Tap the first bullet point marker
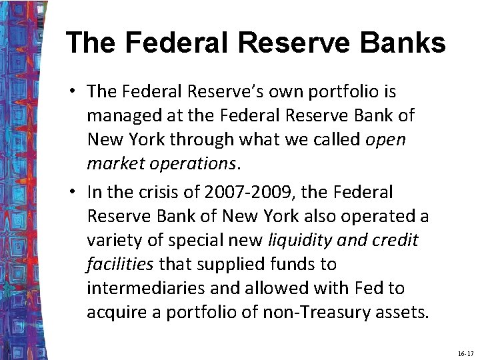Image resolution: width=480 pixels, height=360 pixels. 77,91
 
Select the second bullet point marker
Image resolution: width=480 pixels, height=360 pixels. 77,193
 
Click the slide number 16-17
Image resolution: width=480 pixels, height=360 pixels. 465,352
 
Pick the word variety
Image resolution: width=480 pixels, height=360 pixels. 109,240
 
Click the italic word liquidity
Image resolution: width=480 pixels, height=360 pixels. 301,240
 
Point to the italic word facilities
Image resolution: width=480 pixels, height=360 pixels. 120,264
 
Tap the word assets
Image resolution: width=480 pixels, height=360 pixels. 404,312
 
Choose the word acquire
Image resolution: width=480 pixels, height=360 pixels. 114,312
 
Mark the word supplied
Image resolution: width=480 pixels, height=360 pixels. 224,264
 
